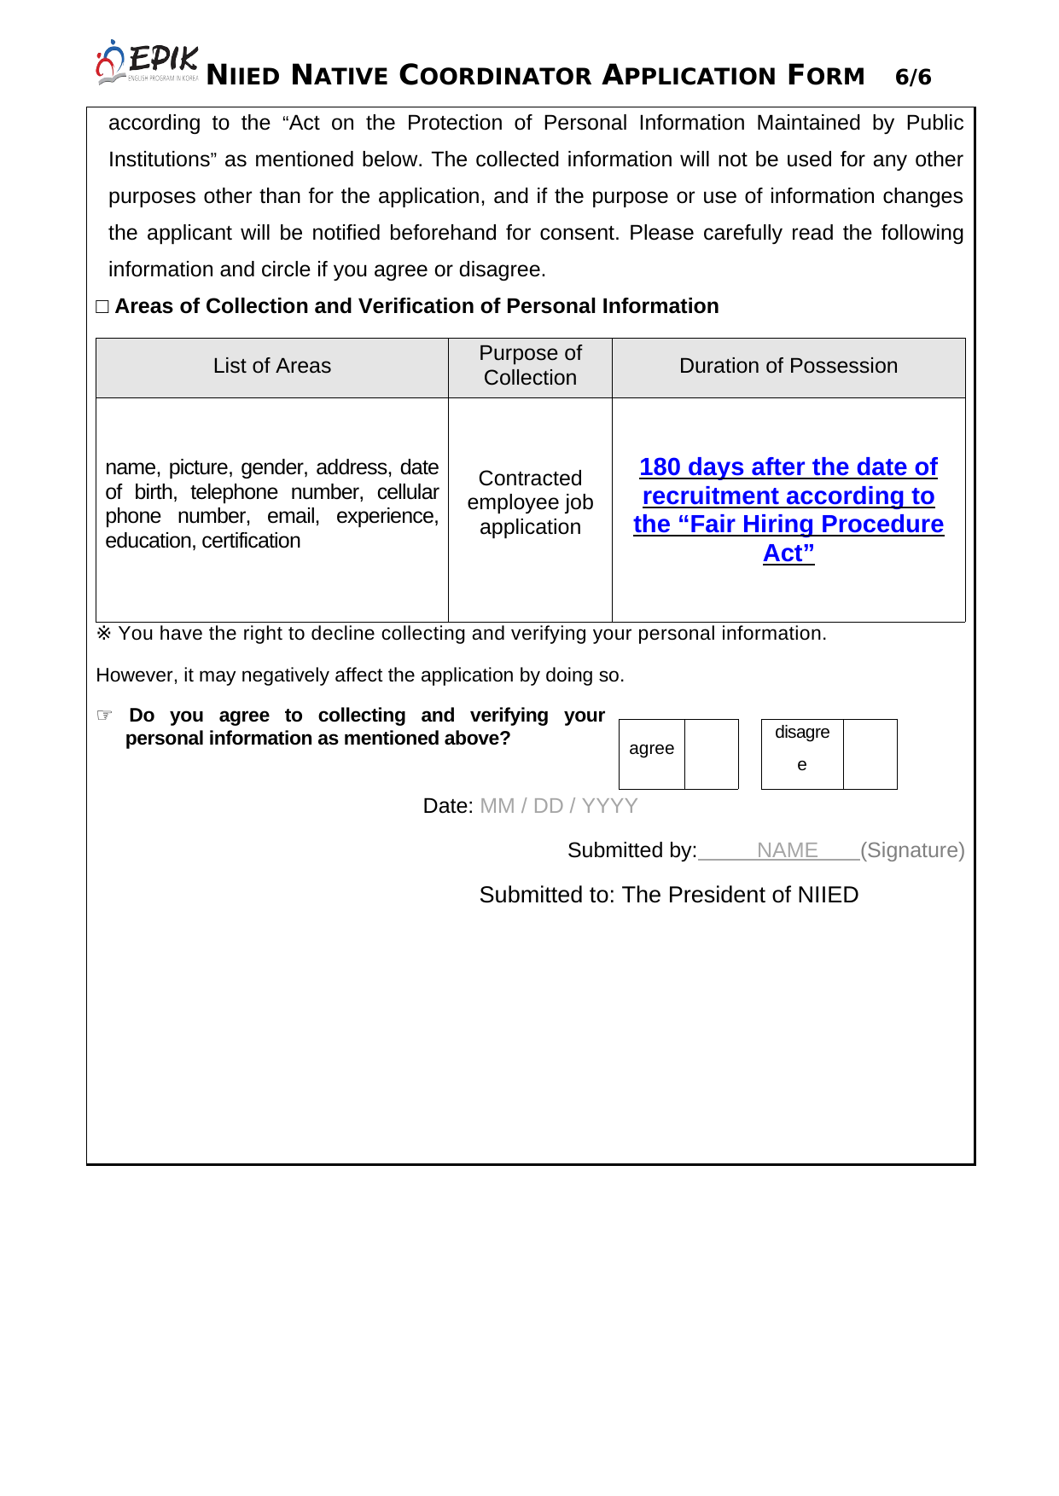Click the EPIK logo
(147, 62)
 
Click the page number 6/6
(913, 78)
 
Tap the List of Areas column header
(271, 366)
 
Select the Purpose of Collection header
(530, 366)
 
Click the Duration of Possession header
(788, 366)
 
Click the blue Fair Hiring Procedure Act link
(788, 509)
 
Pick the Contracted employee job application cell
(530, 502)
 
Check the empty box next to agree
(711, 754)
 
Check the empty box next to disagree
(870, 754)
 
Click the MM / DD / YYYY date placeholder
(559, 806)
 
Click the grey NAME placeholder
(787, 850)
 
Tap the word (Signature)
(912, 850)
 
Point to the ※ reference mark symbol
(104, 634)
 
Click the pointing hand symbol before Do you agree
(105, 715)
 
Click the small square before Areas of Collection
(102, 307)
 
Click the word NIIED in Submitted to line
(828, 895)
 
